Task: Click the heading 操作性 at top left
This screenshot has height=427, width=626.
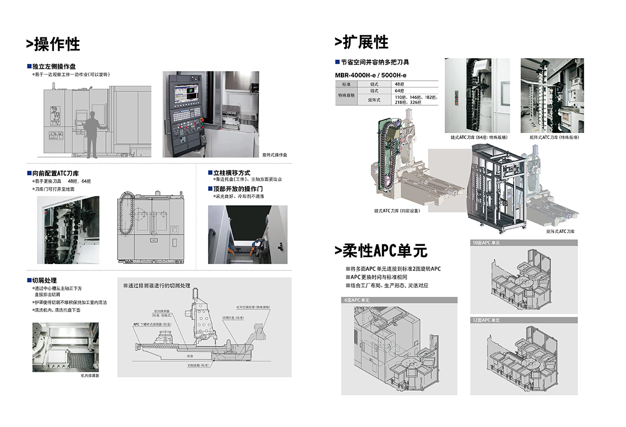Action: coord(54,44)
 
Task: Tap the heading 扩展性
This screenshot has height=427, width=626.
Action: coord(362,42)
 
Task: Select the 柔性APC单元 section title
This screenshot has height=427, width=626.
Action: coord(381,250)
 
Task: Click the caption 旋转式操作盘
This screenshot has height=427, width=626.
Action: coord(274,155)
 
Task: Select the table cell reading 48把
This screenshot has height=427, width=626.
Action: coord(400,84)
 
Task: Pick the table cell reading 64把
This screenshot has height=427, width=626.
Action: coord(400,91)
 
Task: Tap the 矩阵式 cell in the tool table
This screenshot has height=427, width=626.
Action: coord(375,100)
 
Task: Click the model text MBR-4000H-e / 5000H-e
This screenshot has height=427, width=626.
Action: coord(371,75)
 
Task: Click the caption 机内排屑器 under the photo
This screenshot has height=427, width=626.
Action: coord(90,376)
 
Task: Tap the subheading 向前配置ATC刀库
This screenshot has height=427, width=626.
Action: coord(55,173)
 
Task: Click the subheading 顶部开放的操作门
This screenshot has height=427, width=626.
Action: coord(238,189)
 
